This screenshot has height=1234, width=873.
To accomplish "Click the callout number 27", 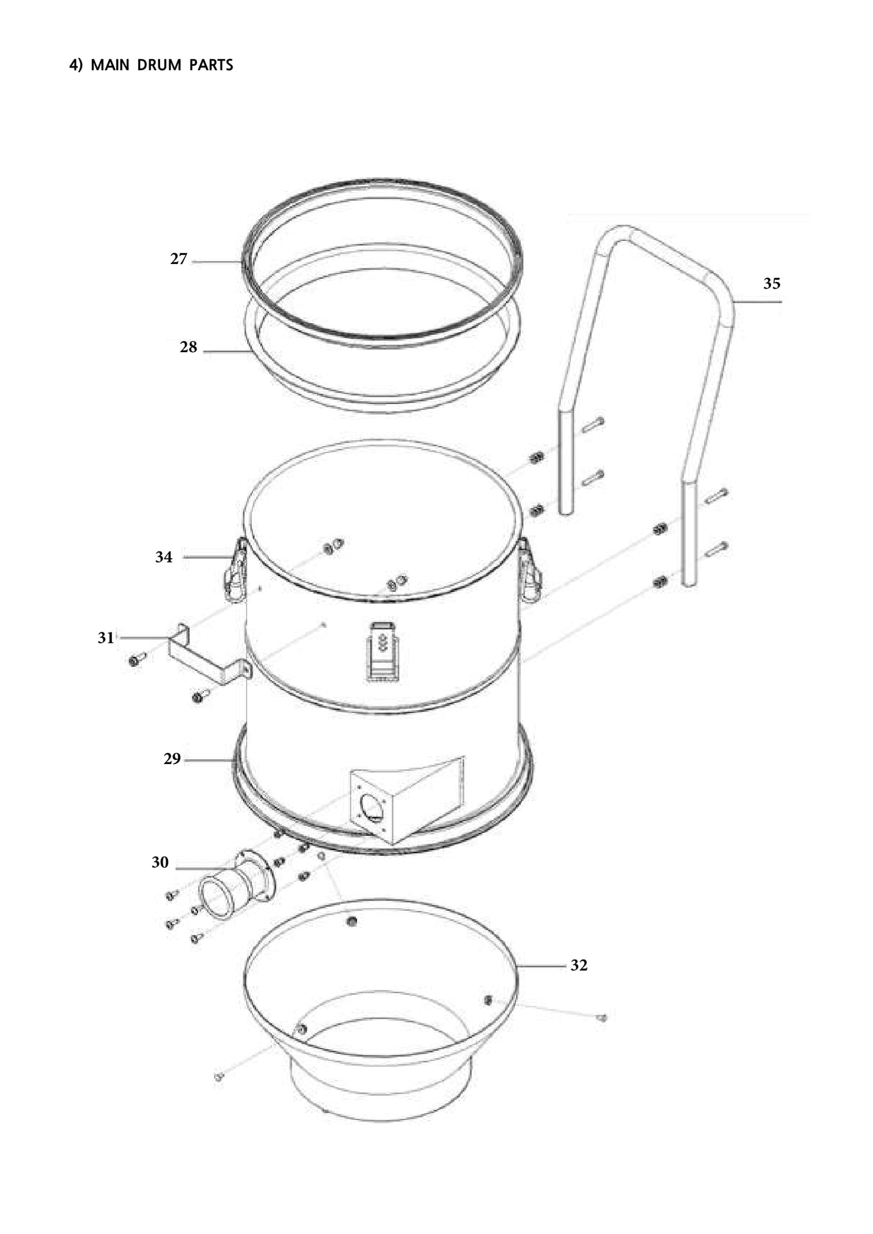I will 178,259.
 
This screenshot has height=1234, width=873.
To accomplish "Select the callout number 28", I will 188,347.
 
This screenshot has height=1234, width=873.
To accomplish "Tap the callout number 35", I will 772,283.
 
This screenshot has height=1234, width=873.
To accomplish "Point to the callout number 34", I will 164,557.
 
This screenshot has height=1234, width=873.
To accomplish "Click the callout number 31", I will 106,638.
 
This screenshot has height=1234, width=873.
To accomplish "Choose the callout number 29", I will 172,759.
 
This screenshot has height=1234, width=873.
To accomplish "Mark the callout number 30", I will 160,863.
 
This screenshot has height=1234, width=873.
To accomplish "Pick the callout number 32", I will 579,965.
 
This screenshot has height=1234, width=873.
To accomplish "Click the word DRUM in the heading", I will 159,65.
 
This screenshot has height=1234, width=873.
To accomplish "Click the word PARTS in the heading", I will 211,65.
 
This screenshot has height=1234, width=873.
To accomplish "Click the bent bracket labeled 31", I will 205,658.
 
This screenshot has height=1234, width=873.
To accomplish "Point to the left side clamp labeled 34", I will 236,571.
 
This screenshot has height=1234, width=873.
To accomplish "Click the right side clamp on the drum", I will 529,571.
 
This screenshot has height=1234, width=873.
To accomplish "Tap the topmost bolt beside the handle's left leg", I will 593,425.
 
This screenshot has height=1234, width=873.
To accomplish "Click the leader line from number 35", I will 758,301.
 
